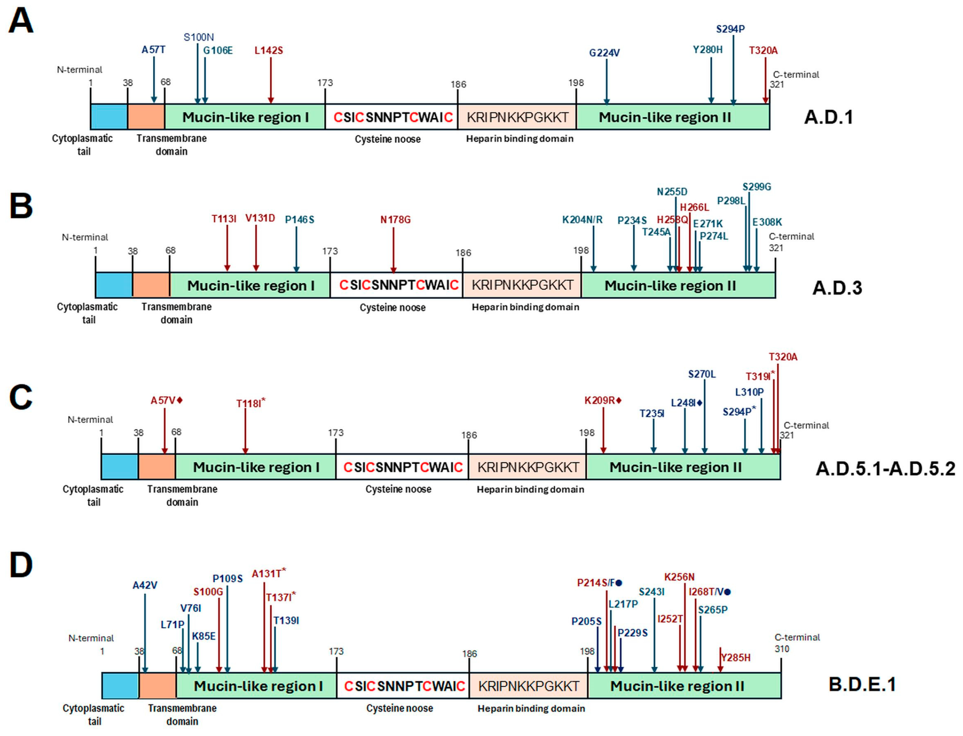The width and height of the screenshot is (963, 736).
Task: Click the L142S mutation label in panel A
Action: click(269, 50)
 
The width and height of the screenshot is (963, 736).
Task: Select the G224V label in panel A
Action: click(604, 53)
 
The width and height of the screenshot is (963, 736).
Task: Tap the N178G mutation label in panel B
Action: click(395, 219)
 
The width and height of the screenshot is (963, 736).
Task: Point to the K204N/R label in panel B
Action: click(582, 219)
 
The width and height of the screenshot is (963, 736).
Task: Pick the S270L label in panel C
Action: click(701, 374)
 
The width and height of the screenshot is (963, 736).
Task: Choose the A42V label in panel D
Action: click(145, 585)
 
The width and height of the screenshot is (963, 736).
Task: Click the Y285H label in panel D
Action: click(735, 657)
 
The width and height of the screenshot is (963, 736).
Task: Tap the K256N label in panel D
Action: click(679, 577)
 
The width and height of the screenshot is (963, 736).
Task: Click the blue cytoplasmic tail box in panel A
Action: click(109, 117)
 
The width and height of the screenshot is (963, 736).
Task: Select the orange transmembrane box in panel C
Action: click(156, 467)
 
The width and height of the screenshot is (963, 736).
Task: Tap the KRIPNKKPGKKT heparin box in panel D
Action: click(528, 686)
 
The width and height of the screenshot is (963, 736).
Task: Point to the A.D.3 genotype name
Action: click(837, 288)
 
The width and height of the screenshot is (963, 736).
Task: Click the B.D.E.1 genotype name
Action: click(862, 684)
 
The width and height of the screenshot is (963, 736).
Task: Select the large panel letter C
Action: click(21, 397)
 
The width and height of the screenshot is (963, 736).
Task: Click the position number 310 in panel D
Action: click(782, 649)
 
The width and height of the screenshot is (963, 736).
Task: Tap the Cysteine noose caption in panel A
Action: click(387, 139)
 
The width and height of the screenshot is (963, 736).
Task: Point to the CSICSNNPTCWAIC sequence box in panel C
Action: click(402, 467)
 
